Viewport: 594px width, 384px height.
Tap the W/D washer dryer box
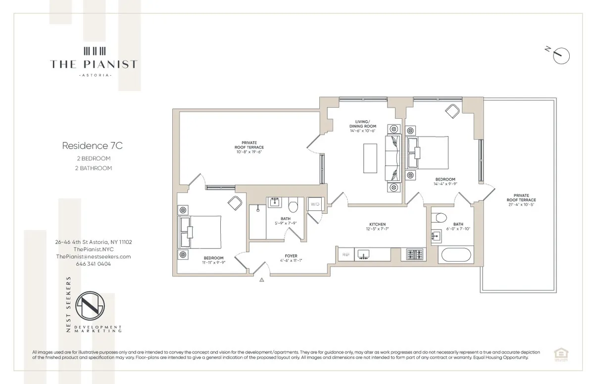[x=315, y=204]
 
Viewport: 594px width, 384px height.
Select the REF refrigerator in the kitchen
[x=345, y=254]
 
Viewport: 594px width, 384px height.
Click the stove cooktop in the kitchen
[x=413, y=254]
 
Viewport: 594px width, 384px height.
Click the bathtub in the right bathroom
[x=456, y=255]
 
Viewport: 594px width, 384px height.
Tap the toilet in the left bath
[x=293, y=203]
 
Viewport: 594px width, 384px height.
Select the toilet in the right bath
[x=439, y=218]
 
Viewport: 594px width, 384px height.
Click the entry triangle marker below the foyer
[x=261, y=280]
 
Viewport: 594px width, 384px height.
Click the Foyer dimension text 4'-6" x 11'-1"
[x=291, y=261]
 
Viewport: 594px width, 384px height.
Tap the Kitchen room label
[x=377, y=224]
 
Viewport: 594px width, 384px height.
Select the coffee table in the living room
[x=370, y=158]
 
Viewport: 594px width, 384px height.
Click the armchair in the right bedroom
[x=452, y=111]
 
